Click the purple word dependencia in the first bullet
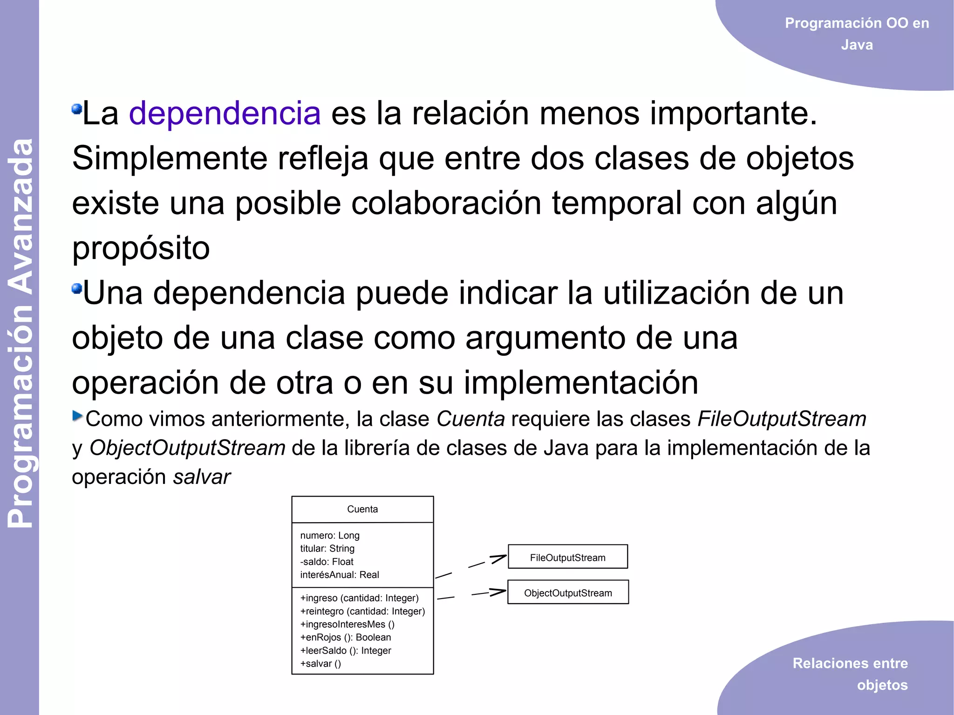point(225,113)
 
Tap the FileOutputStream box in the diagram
point(567,557)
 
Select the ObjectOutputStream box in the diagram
point(568,592)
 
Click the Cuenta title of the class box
point(362,509)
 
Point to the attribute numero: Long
point(330,536)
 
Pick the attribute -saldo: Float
point(327,562)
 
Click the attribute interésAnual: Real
point(340,575)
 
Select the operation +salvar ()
point(320,664)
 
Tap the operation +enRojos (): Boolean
point(346,637)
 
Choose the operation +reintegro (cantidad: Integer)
point(362,611)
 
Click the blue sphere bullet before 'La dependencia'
point(77,109)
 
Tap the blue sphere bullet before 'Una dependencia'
point(77,289)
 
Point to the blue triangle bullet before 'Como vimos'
point(77,415)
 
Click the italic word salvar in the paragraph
point(202,477)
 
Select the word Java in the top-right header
point(857,45)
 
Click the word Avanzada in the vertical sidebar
point(21,217)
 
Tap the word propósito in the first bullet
point(141,248)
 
